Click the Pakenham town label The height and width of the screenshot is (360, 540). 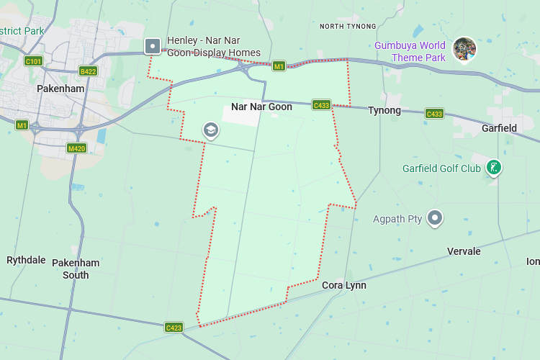click(60, 89)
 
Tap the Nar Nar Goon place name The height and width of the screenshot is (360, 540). click(261, 107)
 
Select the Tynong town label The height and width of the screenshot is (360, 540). click(384, 110)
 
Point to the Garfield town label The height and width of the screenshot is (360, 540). click(499, 128)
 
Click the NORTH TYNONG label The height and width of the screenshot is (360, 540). click(348, 27)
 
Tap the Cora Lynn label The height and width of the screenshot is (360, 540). click(343, 285)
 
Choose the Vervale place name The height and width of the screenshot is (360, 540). click(464, 251)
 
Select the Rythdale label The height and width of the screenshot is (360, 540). click(26, 260)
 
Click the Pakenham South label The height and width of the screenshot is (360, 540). click(76, 269)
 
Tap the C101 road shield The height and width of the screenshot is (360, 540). click(33, 61)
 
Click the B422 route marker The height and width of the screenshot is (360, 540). click(89, 71)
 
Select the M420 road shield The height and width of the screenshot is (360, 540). click(76, 148)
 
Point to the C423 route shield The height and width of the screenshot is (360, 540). click(174, 328)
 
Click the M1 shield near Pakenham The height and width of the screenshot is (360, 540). click(22, 125)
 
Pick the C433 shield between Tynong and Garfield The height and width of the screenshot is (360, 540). click(434, 114)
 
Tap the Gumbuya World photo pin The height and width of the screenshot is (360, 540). click(464, 48)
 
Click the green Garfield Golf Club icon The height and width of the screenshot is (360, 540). click(493, 168)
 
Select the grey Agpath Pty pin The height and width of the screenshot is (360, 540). click(434, 217)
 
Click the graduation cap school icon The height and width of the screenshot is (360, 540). click(211, 130)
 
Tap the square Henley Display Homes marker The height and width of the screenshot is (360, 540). click(153, 47)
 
